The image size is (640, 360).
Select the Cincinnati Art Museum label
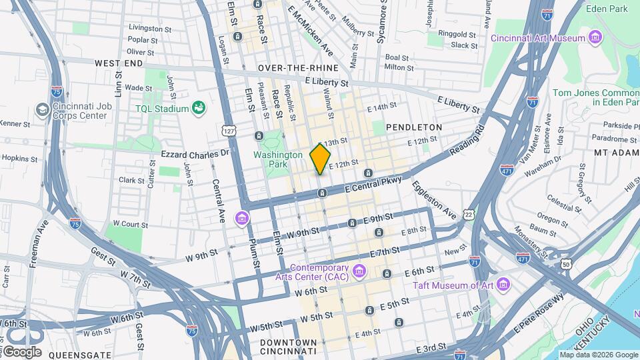pyautogui.click(x=539, y=38)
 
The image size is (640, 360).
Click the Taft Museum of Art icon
pyautogui.click(x=503, y=285)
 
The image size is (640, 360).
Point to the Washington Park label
pyautogui.click(x=278, y=159)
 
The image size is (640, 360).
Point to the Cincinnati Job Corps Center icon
pyautogui.click(x=42, y=109)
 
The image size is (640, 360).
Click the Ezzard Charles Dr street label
pyautogui.click(x=195, y=153)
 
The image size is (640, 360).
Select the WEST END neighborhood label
pyautogui.click(x=119, y=63)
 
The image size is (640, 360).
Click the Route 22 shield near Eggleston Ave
pyautogui.click(x=469, y=214)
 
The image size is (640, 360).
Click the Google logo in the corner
pyautogui.click(x=22, y=351)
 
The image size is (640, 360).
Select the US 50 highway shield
pyautogui.click(x=565, y=264)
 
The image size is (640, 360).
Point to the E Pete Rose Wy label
pyautogui.click(x=538, y=315)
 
